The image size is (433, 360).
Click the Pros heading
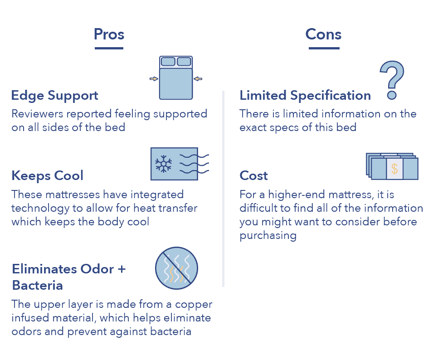click(109, 34)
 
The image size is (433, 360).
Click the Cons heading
click(323, 34)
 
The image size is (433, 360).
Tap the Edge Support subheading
click(55, 96)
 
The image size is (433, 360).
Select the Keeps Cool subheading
click(47, 176)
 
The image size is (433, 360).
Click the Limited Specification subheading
click(305, 96)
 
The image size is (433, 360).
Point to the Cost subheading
click(253, 175)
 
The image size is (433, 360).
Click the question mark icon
click(392, 80)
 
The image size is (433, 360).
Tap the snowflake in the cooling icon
click(164, 164)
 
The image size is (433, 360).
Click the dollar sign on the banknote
click(394, 169)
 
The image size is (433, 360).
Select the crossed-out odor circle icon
click(176, 268)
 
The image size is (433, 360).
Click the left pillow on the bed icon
click(168, 62)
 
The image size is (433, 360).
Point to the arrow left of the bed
click(154, 79)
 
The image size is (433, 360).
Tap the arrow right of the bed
click(198, 79)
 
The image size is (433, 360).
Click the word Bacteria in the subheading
click(38, 285)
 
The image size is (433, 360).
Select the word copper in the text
click(194, 305)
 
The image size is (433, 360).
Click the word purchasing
click(268, 236)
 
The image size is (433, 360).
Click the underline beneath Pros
click(109, 49)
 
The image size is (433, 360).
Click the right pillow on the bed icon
click(184, 62)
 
